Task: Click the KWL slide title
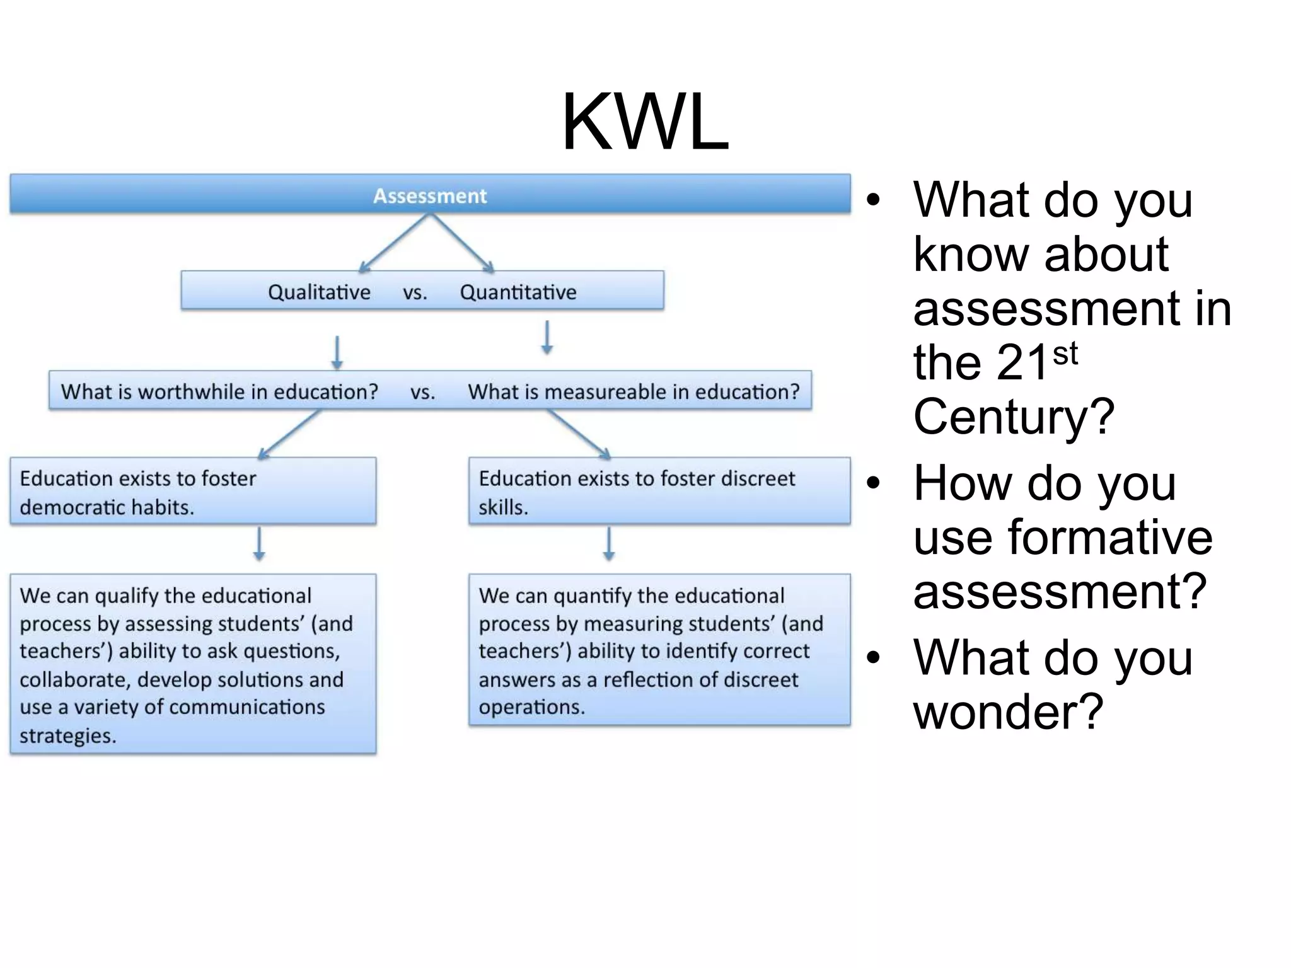tap(645, 122)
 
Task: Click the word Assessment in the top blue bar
tap(430, 196)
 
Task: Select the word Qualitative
tap(319, 292)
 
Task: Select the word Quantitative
tap(518, 292)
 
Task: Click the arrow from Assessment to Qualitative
tap(394, 243)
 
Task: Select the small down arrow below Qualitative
tap(337, 353)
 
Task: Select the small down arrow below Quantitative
tap(547, 338)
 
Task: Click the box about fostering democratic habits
tap(193, 492)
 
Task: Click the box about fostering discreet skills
tap(659, 492)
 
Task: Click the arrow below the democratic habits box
tap(259, 544)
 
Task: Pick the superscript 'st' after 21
tap(1065, 354)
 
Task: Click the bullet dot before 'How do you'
tap(872, 483)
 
